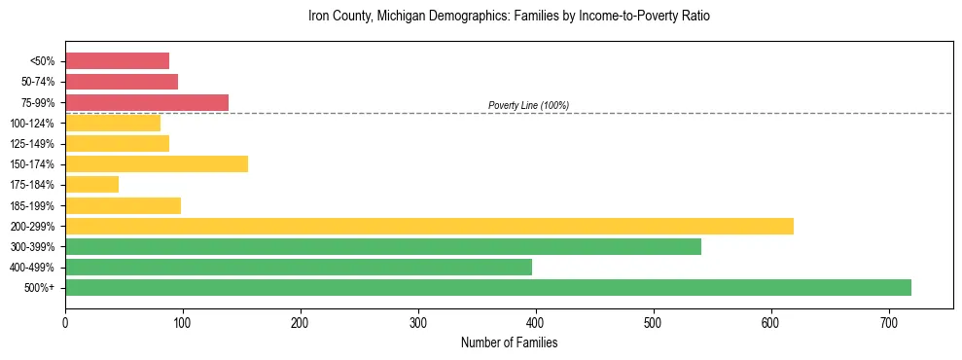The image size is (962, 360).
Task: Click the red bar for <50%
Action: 117,61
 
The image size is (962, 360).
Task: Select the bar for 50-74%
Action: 122,82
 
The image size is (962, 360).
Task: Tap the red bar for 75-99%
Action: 147,102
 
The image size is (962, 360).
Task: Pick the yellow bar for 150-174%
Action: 157,163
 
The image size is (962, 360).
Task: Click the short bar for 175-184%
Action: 91,184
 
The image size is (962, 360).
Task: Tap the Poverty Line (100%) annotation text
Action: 528,105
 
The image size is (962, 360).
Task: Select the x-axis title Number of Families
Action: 509,342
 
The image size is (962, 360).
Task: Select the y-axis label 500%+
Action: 38,288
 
